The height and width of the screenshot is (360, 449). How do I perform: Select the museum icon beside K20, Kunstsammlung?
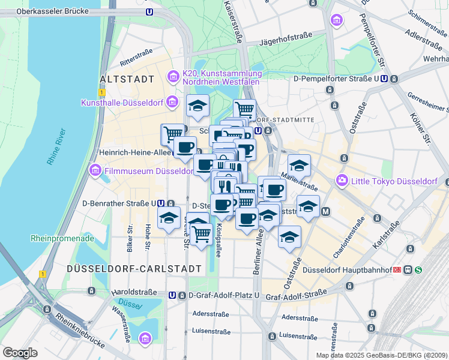pos(173,76)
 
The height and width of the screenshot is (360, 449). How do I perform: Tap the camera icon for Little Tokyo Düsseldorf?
pos(342,180)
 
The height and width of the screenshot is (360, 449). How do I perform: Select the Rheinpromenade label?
pos(62,238)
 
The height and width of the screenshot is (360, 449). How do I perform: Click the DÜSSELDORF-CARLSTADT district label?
pos(134,268)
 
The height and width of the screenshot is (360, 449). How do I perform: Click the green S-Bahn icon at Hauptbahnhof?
pos(418,269)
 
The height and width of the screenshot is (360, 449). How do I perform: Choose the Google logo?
pos(20,352)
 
